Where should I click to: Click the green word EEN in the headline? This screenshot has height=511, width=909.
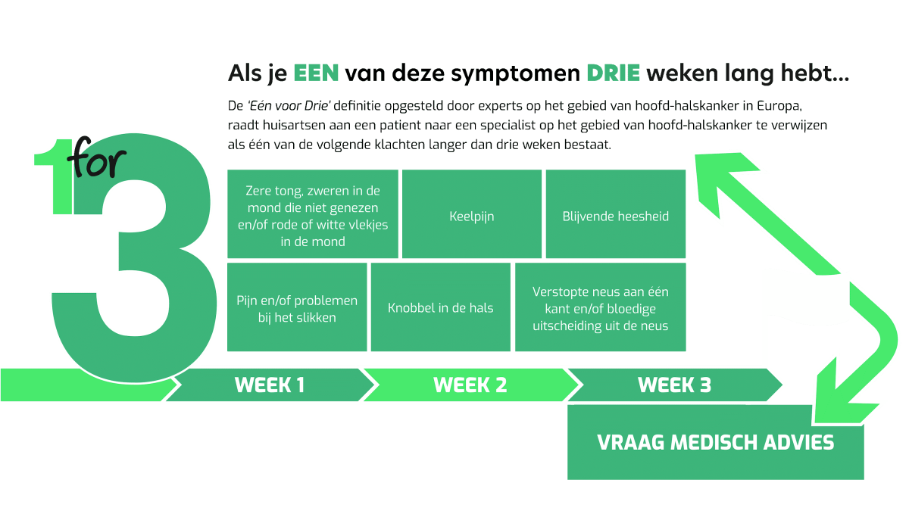click(x=316, y=73)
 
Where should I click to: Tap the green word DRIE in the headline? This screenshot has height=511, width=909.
click(x=613, y=73)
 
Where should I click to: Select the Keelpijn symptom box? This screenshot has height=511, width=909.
click(x=471, y=213)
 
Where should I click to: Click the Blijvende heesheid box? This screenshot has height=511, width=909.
click(x=616, y=213)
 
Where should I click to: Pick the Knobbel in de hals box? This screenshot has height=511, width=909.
click(x=441, y=307)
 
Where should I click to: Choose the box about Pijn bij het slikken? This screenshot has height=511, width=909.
click(x=297, y=307)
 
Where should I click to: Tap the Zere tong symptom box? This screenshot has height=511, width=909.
click(x=312, y=213)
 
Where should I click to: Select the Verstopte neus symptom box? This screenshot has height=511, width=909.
click(x=601, y=307)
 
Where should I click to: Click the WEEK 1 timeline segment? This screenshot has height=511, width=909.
click(x=270, y=385)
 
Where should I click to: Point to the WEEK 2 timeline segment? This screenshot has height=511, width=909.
click(x=470, y=385)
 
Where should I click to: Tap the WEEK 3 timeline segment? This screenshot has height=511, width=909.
click(x=674, y=385)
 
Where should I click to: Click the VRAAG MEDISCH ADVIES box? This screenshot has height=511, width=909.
click(x=715, y=442)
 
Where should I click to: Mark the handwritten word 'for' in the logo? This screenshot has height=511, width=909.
click(x=97, y=157)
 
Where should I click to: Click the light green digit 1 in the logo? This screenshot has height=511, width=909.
click(x=54, y=176)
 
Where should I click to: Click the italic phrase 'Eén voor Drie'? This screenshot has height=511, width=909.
click(x=289, y=106)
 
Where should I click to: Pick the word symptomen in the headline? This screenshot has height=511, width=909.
click(x=515, y=74)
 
